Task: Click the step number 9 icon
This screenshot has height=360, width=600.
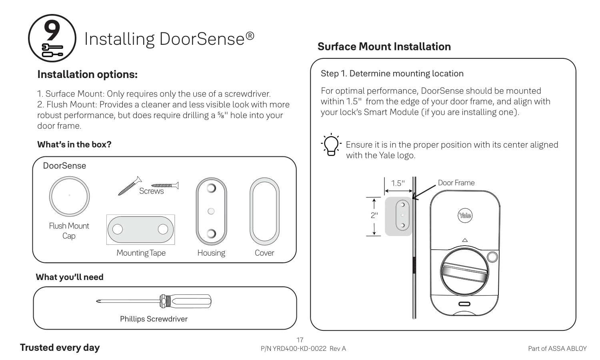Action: tap(52, 38)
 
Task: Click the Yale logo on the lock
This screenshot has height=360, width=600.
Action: tap(465, 215)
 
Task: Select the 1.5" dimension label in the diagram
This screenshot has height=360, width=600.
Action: tap(398, 183)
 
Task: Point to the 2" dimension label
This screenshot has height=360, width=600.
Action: tap(374, 215)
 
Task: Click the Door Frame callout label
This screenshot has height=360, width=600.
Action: tap(456, 183)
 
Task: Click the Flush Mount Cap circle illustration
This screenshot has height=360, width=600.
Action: tap(69, 196)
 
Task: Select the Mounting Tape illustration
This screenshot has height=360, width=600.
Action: tap(140, 229)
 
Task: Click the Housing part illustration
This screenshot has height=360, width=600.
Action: tap(211, 211)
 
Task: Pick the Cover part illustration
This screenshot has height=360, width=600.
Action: tap(264, 211)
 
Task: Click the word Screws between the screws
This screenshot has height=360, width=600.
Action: tap(151, 191)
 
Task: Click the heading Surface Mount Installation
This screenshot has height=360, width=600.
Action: tap(384, 46)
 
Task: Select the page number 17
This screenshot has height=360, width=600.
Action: tap(300, 340)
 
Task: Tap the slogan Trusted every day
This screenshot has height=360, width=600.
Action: tap(60, 348)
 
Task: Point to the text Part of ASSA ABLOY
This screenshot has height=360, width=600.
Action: tap(557, 348)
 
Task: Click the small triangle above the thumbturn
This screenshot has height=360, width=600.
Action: tap(464, 240)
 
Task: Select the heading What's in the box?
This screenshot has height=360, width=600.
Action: tap(74, 144)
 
